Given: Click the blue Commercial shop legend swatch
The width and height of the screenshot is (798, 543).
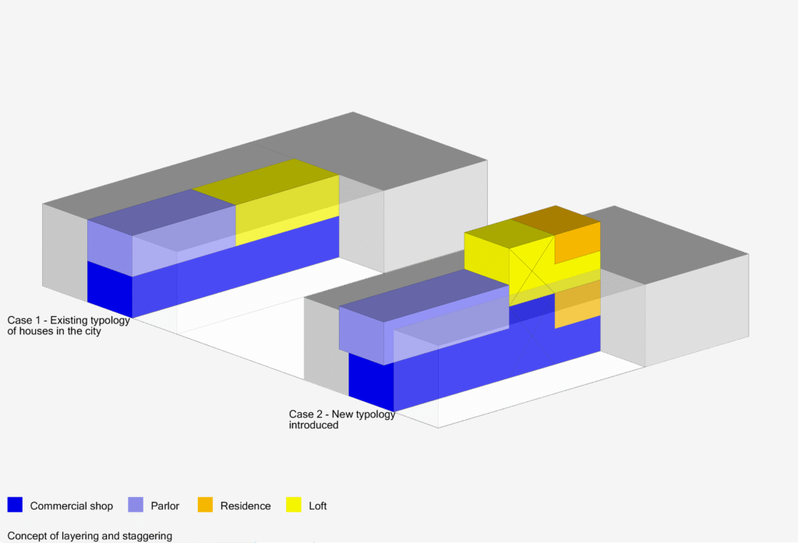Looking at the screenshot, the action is coord(15,504).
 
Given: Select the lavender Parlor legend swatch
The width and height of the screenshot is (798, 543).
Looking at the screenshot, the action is coord(136,504).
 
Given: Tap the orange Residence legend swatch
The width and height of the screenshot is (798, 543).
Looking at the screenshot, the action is coord(205,504).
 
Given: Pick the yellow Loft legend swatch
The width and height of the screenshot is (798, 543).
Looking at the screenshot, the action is coord(294,504).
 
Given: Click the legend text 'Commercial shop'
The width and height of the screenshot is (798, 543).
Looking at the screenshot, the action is coord(71,506).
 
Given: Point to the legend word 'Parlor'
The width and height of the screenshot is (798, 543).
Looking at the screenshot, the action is coord(165,506).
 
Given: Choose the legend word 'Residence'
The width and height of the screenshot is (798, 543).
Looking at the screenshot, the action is coord(245,506).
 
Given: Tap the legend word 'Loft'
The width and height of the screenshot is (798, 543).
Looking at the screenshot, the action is coord(318,506).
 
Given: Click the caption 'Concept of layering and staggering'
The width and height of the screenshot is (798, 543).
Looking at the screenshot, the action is coord(90,536).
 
